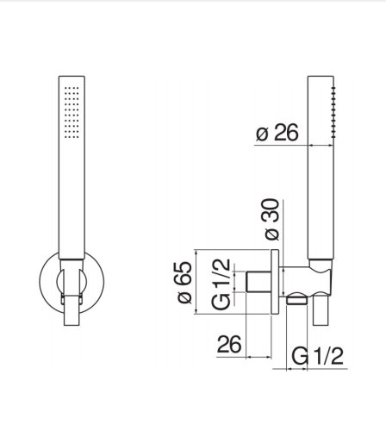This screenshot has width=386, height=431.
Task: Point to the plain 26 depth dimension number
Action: [x=228, y=345]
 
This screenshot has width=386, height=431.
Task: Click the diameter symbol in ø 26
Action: [x=261, y=134]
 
